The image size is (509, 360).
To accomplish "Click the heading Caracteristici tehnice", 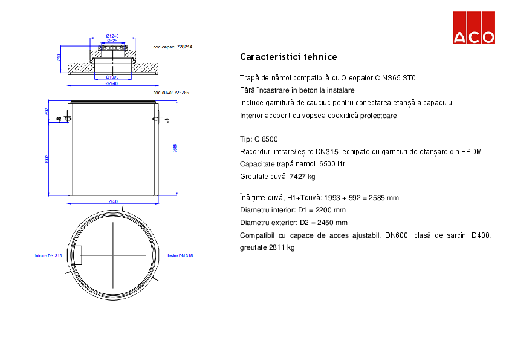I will [288, 57].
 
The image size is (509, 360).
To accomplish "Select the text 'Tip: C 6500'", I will [259, 139].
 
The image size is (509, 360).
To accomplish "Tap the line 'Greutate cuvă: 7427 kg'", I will [277, 177].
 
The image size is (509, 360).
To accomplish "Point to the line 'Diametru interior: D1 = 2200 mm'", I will [293, 210].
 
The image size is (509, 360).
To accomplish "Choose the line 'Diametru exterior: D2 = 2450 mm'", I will [293, 223].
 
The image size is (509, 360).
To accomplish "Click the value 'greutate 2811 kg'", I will [267, 247].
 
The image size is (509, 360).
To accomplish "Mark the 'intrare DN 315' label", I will [49, 256].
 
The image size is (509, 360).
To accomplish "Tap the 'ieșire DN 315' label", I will [180, 256].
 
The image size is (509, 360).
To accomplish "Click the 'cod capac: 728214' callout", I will [172, 46].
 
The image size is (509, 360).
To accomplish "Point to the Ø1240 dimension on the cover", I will [112, 36].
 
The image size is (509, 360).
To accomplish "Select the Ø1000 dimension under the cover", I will [112, 77].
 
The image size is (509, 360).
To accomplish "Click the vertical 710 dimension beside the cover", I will [58, 59].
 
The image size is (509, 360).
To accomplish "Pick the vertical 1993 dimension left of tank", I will [47, 159].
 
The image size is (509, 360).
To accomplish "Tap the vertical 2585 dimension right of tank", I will [175, 149].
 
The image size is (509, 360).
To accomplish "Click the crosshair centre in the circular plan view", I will [112, 255].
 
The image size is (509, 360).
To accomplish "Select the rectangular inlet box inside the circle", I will [77, 254].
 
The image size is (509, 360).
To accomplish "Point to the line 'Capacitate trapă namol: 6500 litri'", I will [293, 164].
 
